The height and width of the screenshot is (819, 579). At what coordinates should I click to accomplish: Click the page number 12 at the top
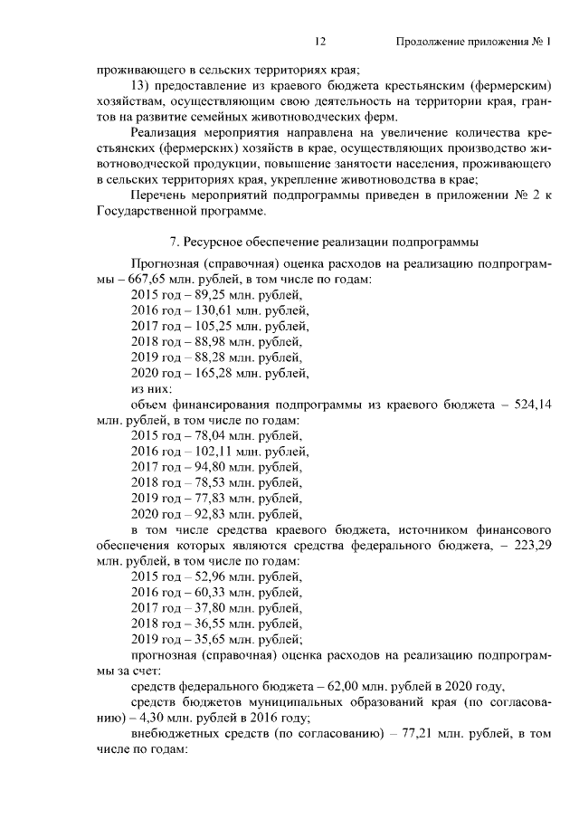point(319,42)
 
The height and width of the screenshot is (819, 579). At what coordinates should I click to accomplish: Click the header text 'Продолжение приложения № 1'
point(473,42)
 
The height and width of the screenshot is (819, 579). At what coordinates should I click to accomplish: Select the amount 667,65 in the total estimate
point(147,280)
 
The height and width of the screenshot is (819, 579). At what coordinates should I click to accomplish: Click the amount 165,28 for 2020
point(214,372)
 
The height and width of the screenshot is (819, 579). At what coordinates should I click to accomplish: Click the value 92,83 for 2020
point(211,511)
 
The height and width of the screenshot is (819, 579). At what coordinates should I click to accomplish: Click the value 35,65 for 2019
point(211,637)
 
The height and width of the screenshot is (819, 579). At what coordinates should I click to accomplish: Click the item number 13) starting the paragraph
point(140,86)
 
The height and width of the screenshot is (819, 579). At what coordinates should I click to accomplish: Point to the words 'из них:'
point(151,387)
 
